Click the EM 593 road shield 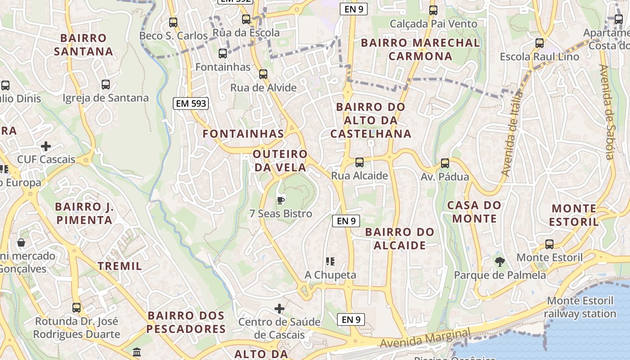click(191, 103)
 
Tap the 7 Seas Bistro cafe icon click(281, 200)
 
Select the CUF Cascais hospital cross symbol click(45, 146)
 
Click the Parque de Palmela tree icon click(499, 261)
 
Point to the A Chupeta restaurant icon click(330, 261)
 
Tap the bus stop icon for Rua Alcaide click(359, 162)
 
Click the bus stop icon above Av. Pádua click(445, 163)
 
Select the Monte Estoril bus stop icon click(549, 244)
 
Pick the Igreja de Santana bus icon click(106, 85)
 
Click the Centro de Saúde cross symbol click(279, 309)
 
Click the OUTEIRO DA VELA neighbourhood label click(280, 161)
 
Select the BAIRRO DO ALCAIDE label click(400, 238)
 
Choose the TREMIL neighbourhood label click(120, 266)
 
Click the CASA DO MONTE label click(474, 212)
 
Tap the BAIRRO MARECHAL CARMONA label click(420, 49)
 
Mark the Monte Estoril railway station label click(580, 307)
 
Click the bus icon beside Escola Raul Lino click(539, 43)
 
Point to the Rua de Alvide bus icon click(263, 74)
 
